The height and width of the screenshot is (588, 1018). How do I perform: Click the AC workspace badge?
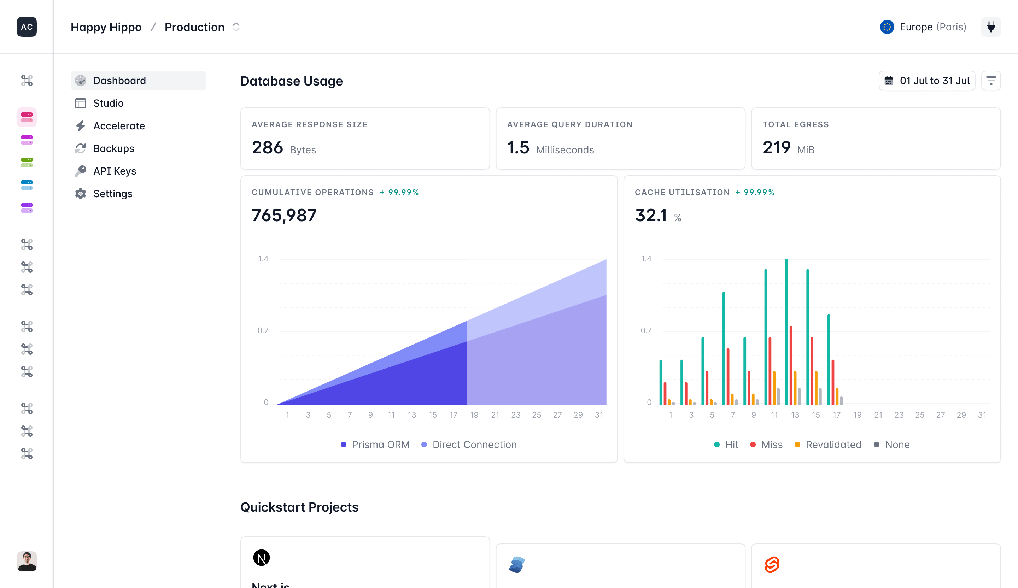(27, 27)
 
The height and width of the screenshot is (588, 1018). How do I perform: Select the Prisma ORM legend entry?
(375, 444)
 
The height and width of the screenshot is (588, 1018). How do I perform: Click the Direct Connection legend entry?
(469, 444)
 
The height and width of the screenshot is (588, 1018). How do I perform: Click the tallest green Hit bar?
(786, 331)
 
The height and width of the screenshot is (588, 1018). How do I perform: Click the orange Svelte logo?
(772, 564)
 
